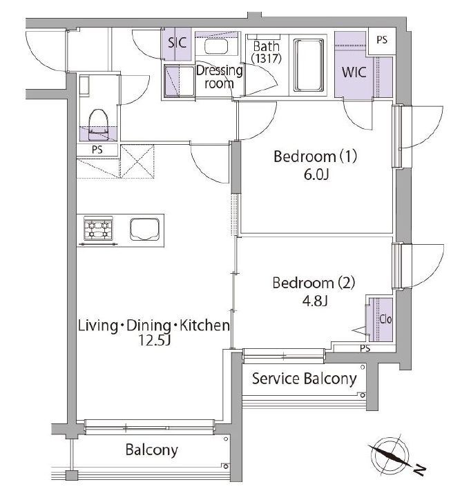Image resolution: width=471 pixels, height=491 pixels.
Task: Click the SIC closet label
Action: [x=177, y=43]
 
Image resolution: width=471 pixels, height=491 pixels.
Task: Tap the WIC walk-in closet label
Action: [x=354, y=72]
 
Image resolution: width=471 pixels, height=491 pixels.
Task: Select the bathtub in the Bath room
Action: [x=309, y=65]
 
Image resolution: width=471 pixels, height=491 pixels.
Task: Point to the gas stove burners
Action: [x=98, y=229]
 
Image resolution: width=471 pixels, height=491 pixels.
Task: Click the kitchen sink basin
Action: [x=144, y=229]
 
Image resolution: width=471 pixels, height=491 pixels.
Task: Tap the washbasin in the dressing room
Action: [x=216, y=46]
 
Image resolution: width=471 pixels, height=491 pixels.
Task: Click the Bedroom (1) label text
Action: [x=315, y=157]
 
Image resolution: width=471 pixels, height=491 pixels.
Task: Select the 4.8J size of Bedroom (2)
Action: [x=315, y=301]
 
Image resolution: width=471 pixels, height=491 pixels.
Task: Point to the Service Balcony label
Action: [x=304, y=379]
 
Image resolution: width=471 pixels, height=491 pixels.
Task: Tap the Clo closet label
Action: [x=385, y=319]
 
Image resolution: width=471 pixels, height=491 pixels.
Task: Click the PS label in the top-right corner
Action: [x=382, y=40]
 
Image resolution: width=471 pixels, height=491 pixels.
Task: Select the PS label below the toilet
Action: [x=97, y=150]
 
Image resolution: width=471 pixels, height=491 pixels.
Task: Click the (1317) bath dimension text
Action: [x=266, y=58]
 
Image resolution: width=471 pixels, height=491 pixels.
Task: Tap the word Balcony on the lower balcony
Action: [x=151, y=450]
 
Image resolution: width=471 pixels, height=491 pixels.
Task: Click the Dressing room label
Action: [x=219, y=77]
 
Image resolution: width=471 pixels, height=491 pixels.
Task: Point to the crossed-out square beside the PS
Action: [x=137, y=161]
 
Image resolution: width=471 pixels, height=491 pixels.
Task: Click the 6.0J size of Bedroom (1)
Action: [x=316, y=174]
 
